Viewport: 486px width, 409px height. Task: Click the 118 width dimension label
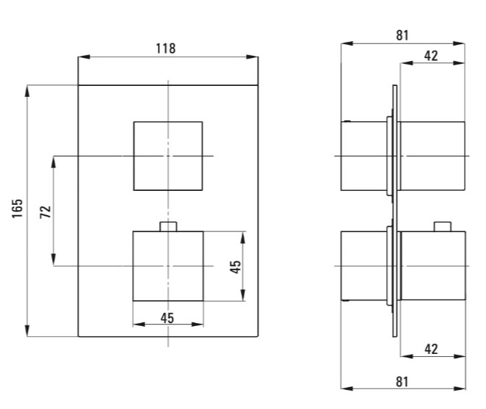tap(165, 48)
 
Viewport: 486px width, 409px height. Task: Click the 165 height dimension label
tap(18, 209)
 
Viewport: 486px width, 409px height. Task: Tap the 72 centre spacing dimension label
tap(46, 211)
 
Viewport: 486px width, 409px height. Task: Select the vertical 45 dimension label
tap(235, 267)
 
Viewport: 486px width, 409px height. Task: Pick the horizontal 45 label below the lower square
tap(167, 318)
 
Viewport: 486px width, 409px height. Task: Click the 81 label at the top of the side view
tap(402, 35)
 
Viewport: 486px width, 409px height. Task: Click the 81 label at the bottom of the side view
tap(402, 382)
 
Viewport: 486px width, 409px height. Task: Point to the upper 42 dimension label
tap(431, 56)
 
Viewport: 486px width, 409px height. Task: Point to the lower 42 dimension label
tap(431, 349)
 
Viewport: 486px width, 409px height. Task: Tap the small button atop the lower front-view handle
tap(168, 227)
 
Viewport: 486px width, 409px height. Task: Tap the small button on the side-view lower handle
tap(442, 227)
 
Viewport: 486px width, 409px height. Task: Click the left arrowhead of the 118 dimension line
tap(84, 57)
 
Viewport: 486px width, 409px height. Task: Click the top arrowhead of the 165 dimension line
tap(27, 91)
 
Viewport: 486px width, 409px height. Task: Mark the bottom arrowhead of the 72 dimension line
tap(54, 260)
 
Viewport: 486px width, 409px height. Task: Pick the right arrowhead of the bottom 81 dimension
tap(460, 388)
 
